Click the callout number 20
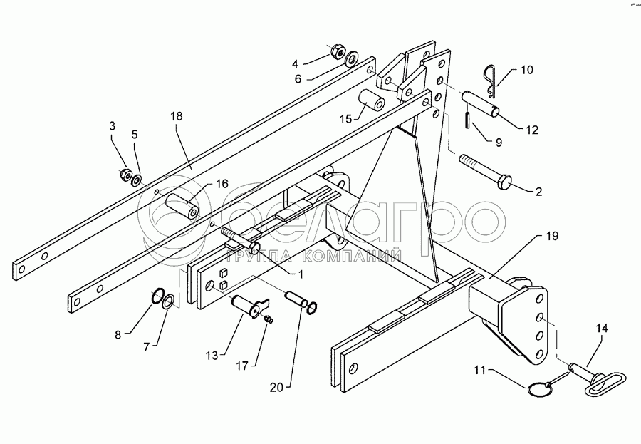pos(278,388)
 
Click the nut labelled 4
pos(338,51)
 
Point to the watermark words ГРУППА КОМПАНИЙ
pos(313,256)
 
